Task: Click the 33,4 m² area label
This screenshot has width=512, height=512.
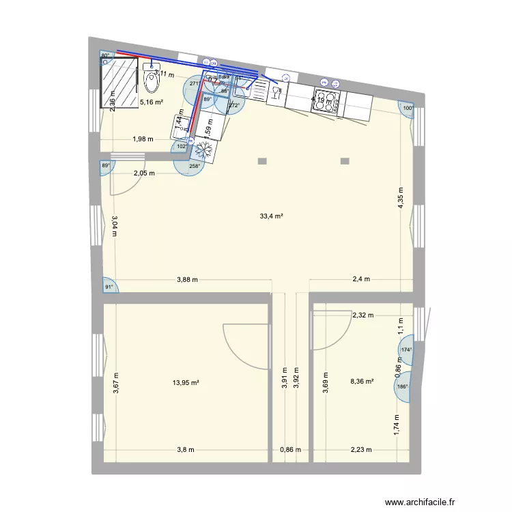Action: coord(271,216)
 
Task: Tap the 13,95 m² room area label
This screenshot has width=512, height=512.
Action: coord(186,382)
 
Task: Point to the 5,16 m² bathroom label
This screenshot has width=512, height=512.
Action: coord(151,102)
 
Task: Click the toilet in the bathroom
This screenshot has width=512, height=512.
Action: coord(152,80)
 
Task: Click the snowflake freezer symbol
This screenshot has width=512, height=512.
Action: coord(203,148)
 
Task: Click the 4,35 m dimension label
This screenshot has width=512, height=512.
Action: coord(401,201)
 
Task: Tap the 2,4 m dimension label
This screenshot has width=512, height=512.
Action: coord(360,279)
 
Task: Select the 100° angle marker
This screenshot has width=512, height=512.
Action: coord(408,108)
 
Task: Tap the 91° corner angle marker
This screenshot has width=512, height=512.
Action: coord(109,287)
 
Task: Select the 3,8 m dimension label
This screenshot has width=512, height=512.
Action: coord(185,450)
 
